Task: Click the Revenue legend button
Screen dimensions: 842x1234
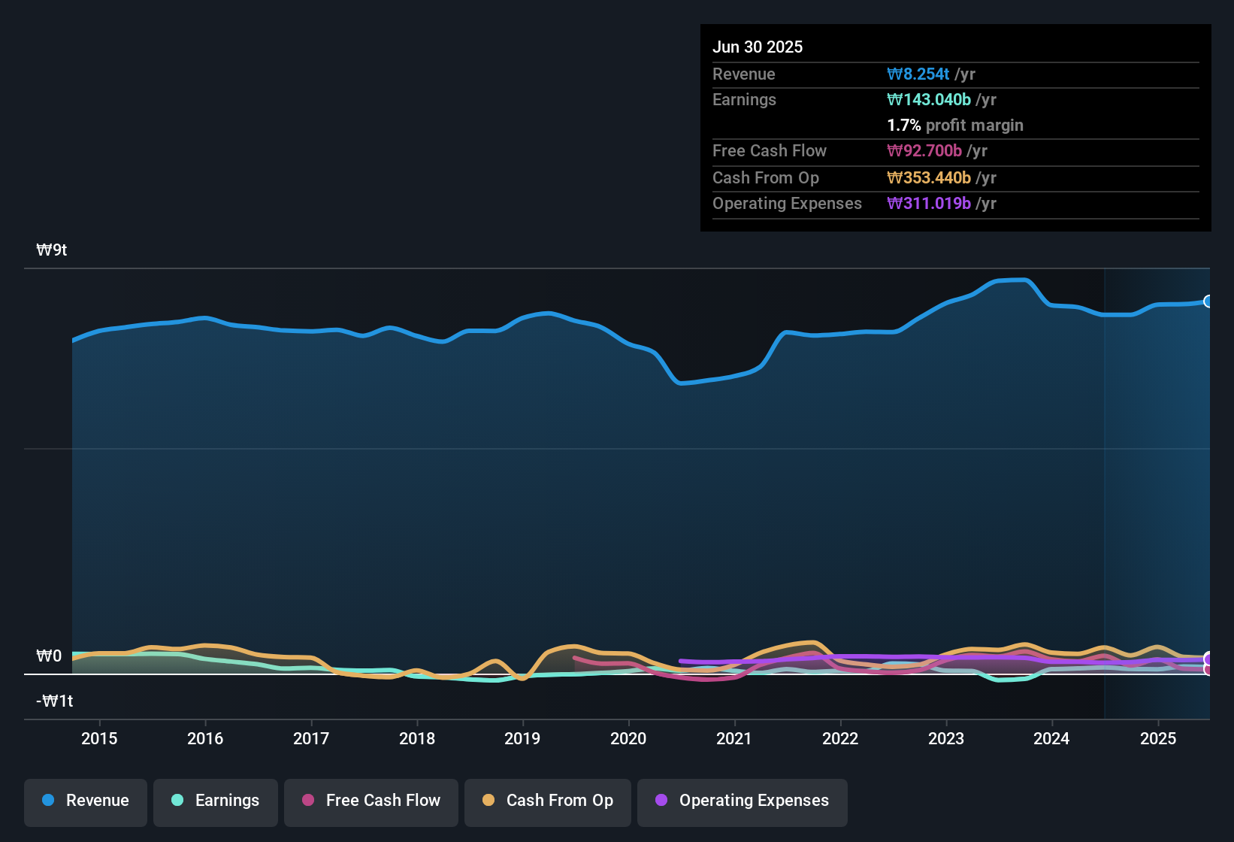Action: click(x=86, y=801)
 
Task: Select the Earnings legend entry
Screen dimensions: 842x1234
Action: click(x=216, y=801)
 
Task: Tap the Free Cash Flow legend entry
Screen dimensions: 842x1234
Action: click(x=371, y=801)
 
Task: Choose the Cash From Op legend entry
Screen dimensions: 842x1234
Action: click(x=548, y=801)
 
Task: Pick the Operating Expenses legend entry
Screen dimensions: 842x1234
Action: click(x=743, y=801)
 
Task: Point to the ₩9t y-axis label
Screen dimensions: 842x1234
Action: click(x=52, y=250)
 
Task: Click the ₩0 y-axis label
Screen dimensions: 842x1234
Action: click(x=49, y=656)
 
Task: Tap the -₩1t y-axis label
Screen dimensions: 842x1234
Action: click(x=55, y=701)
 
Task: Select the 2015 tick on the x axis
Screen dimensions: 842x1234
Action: click(x=99, y=738)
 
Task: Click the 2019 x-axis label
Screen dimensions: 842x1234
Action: click(x=522, y=738)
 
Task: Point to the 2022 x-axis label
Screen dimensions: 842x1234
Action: click(x=840, y=738)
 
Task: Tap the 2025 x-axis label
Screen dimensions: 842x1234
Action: click(x=1158, y=738)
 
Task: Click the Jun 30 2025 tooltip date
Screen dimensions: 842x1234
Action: click(x=758, y=47)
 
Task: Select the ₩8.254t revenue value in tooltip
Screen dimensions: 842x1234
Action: click(x=918, y=74)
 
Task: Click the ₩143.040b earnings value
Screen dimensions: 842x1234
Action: click(x=929, y=100)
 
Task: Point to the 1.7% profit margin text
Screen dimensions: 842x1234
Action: click(x=955, y=126)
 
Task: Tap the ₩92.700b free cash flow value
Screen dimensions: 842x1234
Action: click(x=924, y=151)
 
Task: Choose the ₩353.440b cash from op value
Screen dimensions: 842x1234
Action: click(x=929, y=178)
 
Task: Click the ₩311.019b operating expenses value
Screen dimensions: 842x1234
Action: click(x=929, y=204)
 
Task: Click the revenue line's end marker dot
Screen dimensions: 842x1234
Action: click(x=1208, y=301)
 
